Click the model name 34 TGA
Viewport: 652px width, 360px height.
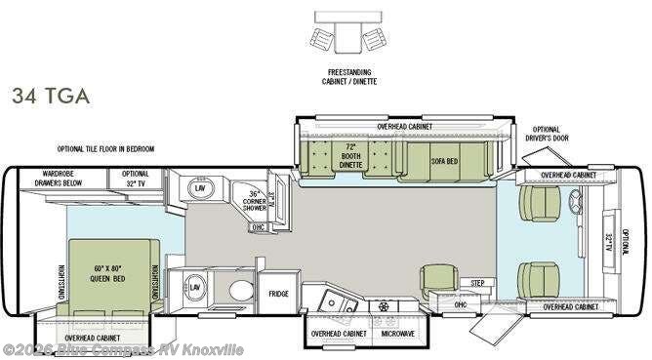[x=51, y=96]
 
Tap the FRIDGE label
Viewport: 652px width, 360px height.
[x=278, y=293]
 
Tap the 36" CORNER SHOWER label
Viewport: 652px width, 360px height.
[x=256, y=200]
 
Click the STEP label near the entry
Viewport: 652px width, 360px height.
[x=476, y=283]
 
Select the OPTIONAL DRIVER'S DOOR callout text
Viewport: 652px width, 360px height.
[x=547, y=135]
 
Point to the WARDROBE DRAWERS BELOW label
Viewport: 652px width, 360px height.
[x=60, y=178]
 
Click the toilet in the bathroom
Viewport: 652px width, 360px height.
[x=237, y=291]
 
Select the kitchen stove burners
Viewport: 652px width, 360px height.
[x=384, y=303]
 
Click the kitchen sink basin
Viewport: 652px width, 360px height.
[x=329, y=301]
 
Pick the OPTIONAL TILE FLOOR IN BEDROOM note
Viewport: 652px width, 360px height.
[x=106, y=149]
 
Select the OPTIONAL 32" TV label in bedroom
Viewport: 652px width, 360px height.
[x=136, y=178]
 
